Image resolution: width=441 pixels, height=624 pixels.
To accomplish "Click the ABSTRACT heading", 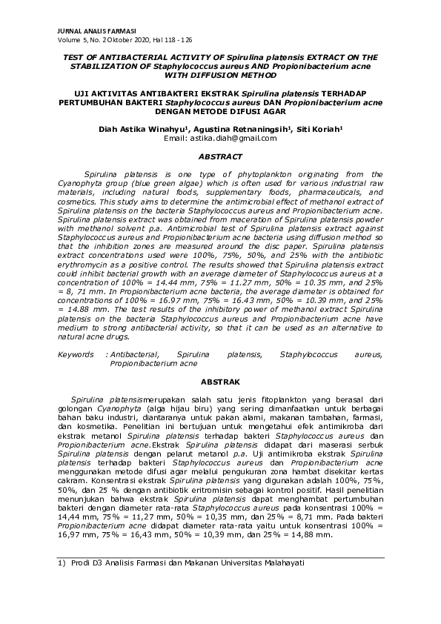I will tap(222, 157).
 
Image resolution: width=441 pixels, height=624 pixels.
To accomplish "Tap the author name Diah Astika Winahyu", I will tap(143, 128).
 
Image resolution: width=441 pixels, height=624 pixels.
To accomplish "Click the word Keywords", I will tap(76, 355).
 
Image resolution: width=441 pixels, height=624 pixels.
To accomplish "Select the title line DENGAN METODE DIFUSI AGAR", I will tap(221, 113).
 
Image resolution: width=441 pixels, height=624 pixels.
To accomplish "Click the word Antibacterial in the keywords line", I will tap(139, 355).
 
